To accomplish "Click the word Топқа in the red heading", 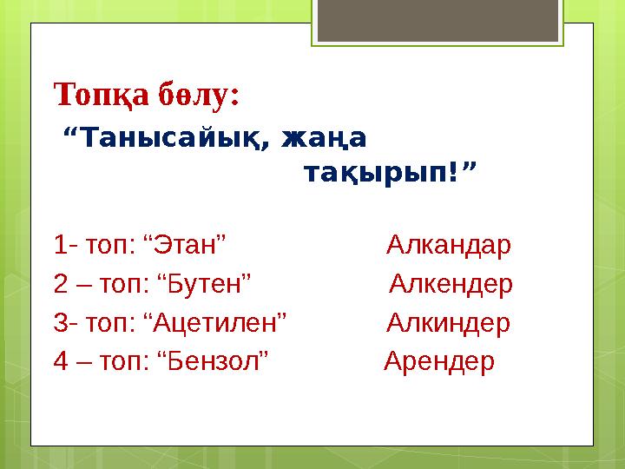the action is pos(101,95).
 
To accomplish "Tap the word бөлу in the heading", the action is pos(194,94).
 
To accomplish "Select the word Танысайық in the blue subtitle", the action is pos(168,137).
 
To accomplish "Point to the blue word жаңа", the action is pos(324,138).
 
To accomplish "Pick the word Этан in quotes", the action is pos(185,244).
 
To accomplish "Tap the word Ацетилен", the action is pos(215,322).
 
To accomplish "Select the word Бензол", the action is pos(214,361).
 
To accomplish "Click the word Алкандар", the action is pos(449,244).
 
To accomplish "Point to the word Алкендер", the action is pos(451,283).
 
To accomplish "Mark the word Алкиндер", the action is pos(449,322).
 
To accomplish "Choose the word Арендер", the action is pos(439,361).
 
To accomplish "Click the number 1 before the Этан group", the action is pos(60,244).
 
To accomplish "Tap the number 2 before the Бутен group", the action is pos(61,283).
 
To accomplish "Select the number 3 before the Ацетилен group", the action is pos(61,322).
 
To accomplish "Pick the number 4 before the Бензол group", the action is pos(61,361).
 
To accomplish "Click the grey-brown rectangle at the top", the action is pos(437,20).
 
